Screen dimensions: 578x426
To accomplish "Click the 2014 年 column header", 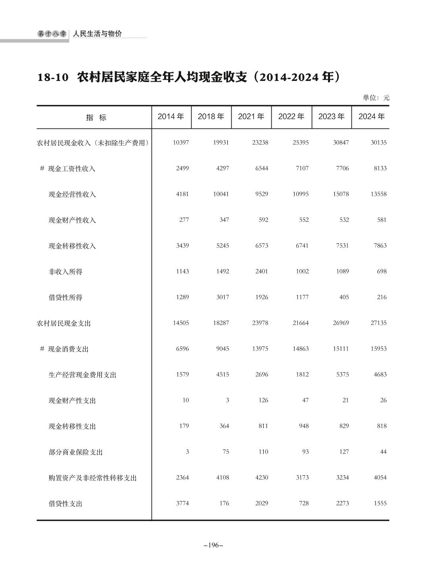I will pos(171,117).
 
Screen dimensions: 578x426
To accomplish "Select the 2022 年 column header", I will pos(292,117).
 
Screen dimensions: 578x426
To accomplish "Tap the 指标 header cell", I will pos(96,117).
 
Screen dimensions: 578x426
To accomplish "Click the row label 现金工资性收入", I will pos(71,168).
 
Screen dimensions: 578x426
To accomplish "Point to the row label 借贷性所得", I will pos(65,297).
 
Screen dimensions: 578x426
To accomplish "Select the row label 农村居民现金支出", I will pos(64,323).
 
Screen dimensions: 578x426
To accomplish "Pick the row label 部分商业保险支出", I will pos(75,452).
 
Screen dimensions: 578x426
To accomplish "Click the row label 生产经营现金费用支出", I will pos(82,375).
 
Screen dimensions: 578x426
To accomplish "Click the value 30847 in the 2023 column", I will pos(341,142).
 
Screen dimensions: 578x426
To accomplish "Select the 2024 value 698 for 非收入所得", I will pos(382,271).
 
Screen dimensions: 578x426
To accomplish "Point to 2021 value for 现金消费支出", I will pos(260,348).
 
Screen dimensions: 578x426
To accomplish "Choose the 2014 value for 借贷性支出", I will pos(182,503).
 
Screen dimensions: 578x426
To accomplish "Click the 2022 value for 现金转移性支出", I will pos(304,426).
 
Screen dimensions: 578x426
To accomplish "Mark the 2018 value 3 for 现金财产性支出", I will pos(227,400).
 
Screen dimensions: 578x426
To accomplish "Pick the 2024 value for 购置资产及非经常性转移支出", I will pos(380,477).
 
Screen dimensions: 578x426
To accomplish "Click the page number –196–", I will pos(213,545).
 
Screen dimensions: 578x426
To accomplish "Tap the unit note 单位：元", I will pos(376,98).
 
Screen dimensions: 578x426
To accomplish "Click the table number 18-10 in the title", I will pos(54,77).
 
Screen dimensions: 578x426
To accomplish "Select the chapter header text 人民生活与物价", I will pos(97,34).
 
